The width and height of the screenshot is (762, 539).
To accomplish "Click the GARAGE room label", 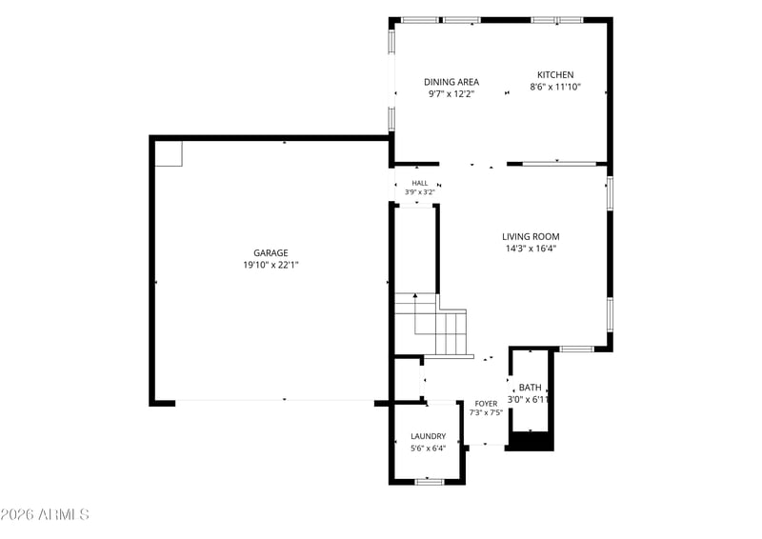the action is [271, 252].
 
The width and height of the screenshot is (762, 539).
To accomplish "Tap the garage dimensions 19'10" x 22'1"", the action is [271, 265].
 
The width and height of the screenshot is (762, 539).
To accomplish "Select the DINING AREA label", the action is [451, 82].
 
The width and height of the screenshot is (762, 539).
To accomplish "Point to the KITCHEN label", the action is [555, 75].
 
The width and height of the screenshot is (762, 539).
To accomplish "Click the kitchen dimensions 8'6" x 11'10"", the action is [555, 87].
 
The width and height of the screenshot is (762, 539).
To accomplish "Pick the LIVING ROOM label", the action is [531, 237].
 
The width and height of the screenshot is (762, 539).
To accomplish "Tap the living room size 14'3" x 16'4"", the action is [531, 249].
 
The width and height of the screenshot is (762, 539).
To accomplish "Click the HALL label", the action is [420, 183].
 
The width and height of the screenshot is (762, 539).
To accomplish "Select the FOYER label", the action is [486, 404].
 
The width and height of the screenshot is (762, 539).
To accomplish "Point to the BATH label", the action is [530, 388].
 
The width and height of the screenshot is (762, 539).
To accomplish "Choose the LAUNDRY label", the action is [428, 436].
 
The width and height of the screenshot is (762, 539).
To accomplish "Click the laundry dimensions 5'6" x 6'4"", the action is [428, 449].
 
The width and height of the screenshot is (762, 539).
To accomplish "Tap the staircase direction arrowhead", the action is [415, 295].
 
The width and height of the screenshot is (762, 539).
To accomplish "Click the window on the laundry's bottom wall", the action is [430, 482].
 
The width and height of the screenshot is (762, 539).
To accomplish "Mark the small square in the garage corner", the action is [169, 153].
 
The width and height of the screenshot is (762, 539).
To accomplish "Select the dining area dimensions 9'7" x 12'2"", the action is [451, 94].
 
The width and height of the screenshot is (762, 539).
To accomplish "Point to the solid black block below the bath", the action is [531, 441].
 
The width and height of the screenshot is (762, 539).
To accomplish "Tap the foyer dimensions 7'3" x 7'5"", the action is [486, 412].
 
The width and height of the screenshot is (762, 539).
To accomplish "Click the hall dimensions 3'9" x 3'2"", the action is [420, 192].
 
